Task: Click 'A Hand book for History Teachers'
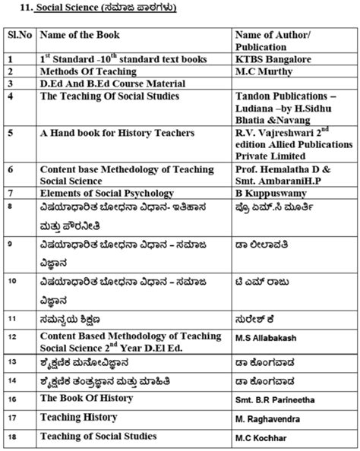[115, 133]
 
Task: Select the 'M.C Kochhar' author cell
[262, 437]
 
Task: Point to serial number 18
[10, 437]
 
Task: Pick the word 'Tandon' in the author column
[254, 96]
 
